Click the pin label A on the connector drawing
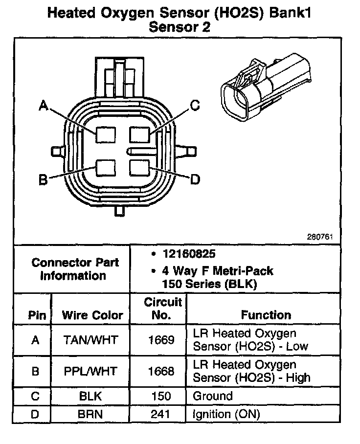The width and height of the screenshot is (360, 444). (x=44, y=106)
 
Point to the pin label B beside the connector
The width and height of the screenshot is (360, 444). (x=43, y=179)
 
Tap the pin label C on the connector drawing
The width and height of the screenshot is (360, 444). (x=195, y=105)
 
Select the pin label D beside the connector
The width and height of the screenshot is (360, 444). (x=195, y=180)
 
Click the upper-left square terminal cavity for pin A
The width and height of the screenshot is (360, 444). (x=105, y=134)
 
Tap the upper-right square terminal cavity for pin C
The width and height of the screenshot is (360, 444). (x=140, y=134)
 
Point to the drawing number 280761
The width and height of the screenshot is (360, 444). (x=320, y=237)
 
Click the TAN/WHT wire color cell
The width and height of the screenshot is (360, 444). (x=90, y=340)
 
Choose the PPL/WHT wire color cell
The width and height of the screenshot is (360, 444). (x=90, y=371)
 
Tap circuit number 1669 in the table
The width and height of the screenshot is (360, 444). (x=161, y=340)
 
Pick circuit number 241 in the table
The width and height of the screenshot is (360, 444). (x=161, y=414)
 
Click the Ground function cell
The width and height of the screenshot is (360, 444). (x=213, y=396)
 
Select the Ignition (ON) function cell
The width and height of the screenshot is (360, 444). (x=226, y=414)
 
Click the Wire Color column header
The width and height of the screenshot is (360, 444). (x=92, y=315)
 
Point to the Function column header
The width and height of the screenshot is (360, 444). (x=266, y=315)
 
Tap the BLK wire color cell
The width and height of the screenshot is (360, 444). (x=90, y=396)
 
